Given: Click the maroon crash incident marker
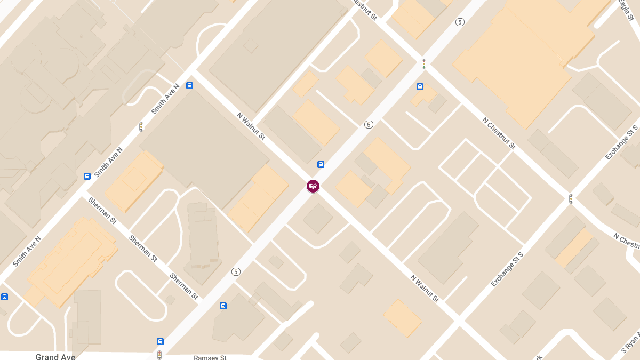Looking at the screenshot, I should [x=313, y=186].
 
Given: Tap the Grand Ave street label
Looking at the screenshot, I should [x=55, y=356].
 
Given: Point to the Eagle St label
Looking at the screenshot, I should [x=624, y=10].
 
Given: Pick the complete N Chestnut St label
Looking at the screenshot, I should [x=499, y=133].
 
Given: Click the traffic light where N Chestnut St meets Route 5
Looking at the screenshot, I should [x=424, y=64].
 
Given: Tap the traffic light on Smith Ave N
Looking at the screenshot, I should [x=141, y=127].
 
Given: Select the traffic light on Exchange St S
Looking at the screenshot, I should [x=571, y=199].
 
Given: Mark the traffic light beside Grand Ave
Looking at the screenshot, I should [x=159, y=355].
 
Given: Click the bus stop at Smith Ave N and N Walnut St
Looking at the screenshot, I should [x=189, y=85].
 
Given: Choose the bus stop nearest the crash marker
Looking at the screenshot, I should [x=321, y=164].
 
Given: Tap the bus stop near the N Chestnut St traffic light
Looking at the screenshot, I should [x=420, y=86].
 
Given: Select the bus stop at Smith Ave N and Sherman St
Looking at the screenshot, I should [x=87, y=176].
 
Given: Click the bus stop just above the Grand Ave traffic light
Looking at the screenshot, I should [x=160, y=341].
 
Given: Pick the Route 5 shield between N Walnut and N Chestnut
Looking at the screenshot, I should [x=369, y=124].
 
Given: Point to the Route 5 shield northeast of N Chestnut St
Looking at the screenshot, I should [x=460, y=22].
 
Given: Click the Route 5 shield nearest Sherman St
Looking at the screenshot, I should [x=236, y=272].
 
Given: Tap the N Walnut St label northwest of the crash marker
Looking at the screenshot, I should [x=251, y=126].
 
